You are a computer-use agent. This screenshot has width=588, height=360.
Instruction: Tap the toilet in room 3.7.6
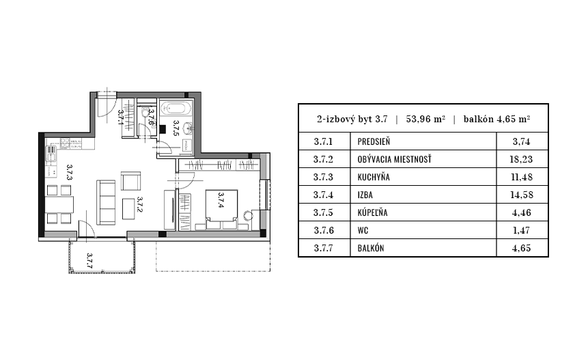pyautogui.click(x=145, y=115)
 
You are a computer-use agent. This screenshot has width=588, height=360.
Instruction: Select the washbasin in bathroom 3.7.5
pyautogui.click(x=190, y=128)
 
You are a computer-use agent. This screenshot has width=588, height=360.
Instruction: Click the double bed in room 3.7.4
pyautogui.click(x=221, y=205)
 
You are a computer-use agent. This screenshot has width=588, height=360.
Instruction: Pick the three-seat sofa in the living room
pyautogui.click(x=107, y=202)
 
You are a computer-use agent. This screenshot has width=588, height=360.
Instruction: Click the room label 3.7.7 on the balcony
pyautogui.click(x=89, y=260)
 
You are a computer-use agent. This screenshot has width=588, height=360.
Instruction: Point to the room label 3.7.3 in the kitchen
pyautogui.click(x=69, y=172)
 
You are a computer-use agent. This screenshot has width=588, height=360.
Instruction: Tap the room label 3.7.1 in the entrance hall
pyautogui.click(x=120, y=117)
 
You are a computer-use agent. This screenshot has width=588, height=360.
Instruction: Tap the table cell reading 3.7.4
pyautogui.click(x=322, y=195)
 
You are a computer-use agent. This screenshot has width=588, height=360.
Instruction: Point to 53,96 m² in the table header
pyautogui.click(x=425, y=118)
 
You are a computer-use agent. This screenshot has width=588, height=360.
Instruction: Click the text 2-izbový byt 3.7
pyautogui.click(x=352, y=118)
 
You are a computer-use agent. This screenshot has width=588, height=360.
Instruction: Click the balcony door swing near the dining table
pyautogui.click(x=83, y=230)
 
